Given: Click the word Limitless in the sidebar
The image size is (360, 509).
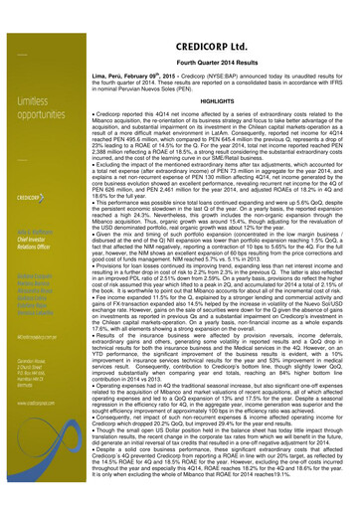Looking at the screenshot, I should (30, 101).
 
